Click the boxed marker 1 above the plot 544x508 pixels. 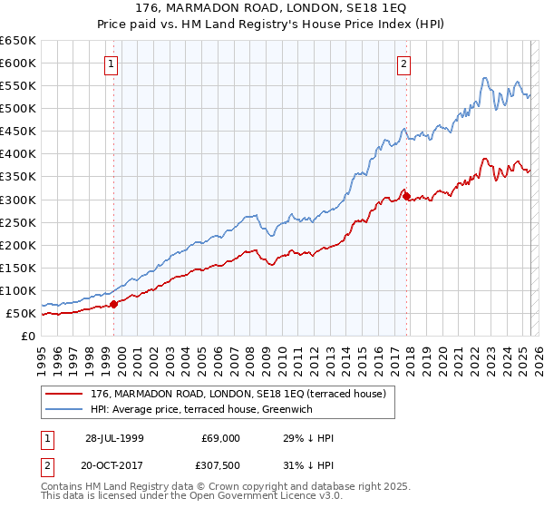tap(111, 63)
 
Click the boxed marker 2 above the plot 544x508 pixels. tap(403, 63)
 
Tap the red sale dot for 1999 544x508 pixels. tap(114, 305)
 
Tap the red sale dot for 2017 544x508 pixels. tap(406, 195)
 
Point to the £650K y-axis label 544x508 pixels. tap(18, 41)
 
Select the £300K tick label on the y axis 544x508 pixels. tap(18, 200)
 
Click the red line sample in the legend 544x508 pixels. tap(64, 394)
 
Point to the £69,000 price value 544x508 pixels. tap(219, 438)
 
